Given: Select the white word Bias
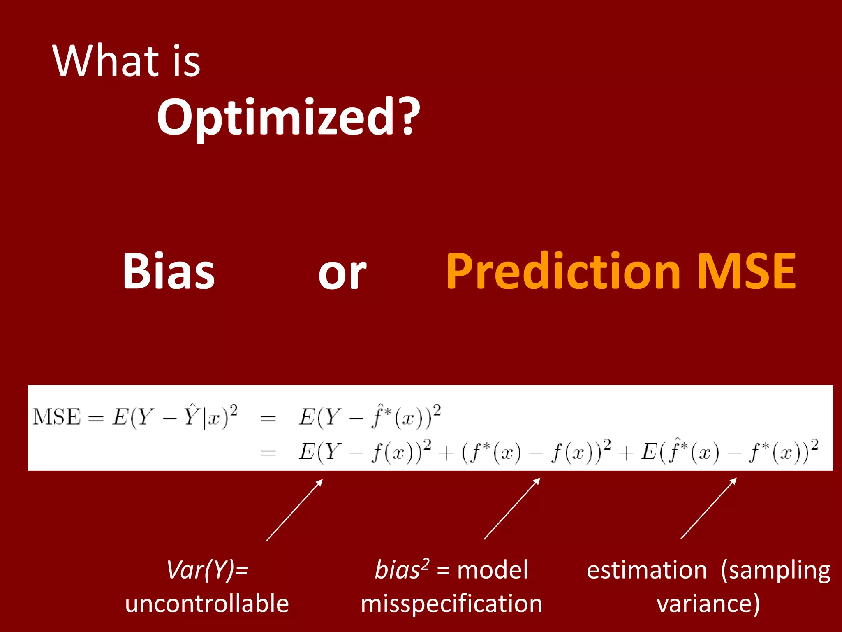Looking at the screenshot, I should click(x=169, y=272).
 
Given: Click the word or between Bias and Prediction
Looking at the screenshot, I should click(x=342, y=274).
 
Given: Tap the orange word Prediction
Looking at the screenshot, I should click(x=563, y=272).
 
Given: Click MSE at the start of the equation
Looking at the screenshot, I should click(x=57, y=417).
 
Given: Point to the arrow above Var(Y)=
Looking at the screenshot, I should click(x=294, y=510).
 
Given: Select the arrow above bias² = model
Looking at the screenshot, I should click(x=512, y=509).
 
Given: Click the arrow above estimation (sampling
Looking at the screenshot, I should click(x=708, y=509).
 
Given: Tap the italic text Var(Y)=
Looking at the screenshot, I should click(x=207, y=570).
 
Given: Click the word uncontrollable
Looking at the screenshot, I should click(x=207, y=604).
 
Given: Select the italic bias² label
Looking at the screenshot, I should click(x=401, y=569).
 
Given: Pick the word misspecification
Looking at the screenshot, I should click(x=451, y=604).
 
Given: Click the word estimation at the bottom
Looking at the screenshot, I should click(x=646, y=570).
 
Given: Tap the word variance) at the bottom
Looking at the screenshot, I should click(x=708, y=604).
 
